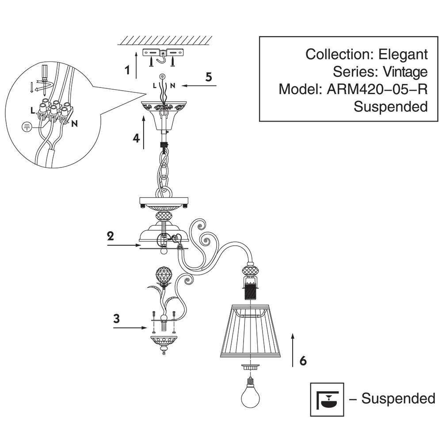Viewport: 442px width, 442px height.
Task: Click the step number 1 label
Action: pos(128,70)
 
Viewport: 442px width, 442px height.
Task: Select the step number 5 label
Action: pos(209,76)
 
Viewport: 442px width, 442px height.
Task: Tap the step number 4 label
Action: pos(136,138)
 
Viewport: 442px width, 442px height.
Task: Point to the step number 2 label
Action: pos(110,235)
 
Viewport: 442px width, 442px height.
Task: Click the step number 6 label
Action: pos(303,361)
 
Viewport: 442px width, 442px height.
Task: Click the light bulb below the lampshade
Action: pos(250,396)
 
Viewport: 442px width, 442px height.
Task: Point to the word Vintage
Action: pos(405,72)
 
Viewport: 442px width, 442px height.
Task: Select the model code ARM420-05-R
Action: pos(377,89)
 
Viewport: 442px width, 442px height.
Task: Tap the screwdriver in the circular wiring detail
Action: pos(44,73)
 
